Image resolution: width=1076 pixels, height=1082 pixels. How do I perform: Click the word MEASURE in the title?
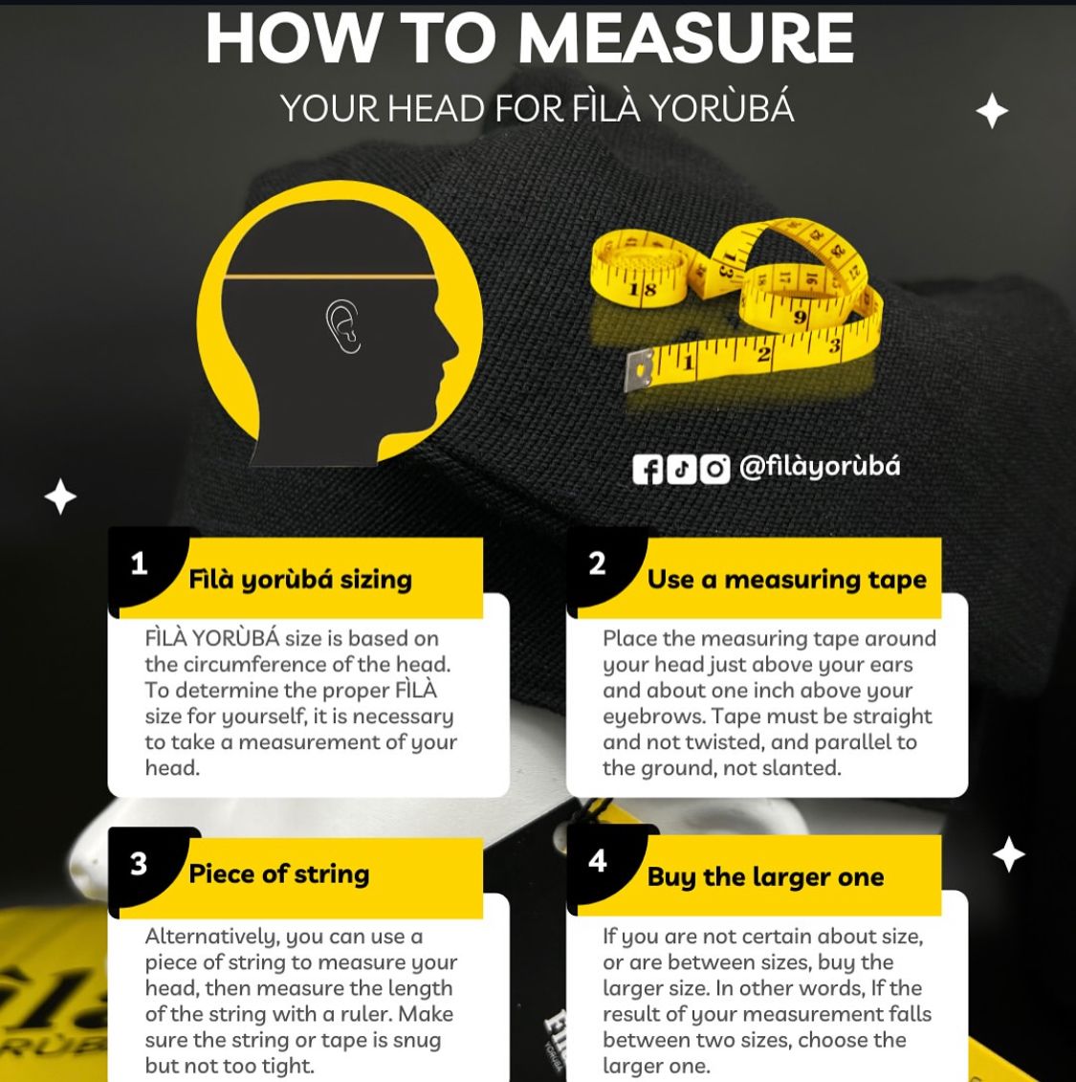[686, 38]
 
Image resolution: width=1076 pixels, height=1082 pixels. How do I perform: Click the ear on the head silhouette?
[342, 326]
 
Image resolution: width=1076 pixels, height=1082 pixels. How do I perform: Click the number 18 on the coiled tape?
[642, 289]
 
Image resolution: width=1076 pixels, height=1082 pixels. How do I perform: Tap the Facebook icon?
[648, 469]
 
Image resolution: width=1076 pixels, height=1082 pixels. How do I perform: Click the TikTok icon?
[681, 469]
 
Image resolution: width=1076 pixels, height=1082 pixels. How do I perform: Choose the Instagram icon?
[714, 469]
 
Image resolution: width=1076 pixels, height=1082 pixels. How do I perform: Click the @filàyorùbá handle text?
[820, 468]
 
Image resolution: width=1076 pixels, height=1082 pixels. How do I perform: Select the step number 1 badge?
[140, 564]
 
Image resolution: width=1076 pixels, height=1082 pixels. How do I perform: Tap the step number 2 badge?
[598, 563]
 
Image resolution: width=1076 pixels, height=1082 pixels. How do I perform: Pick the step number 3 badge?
[139, 864]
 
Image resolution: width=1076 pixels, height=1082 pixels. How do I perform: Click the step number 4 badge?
[598, 860]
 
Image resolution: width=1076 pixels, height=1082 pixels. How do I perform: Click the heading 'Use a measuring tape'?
[787, 580]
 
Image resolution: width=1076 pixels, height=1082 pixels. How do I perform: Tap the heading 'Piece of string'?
[279, 874]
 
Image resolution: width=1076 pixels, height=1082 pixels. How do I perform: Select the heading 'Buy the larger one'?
[765, 877]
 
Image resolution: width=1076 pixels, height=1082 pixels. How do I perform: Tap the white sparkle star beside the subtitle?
[992, 110]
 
